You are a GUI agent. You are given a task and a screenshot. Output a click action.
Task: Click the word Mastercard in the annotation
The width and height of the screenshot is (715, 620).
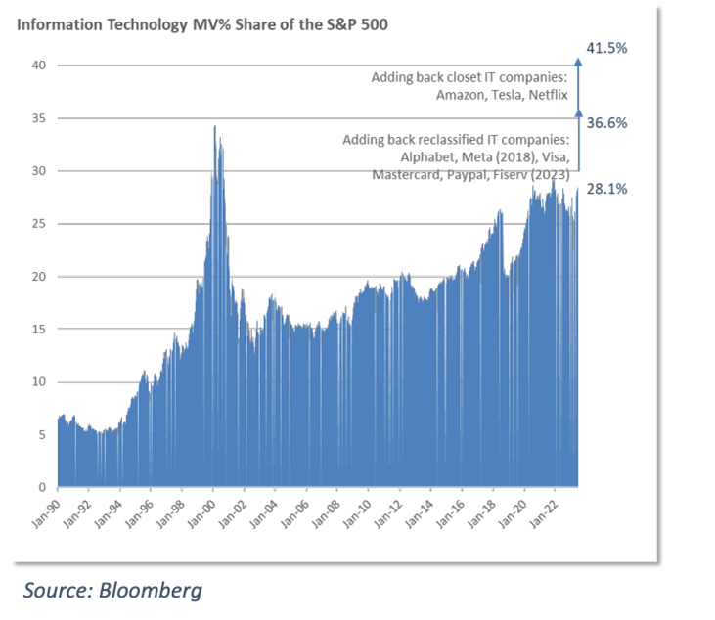409,175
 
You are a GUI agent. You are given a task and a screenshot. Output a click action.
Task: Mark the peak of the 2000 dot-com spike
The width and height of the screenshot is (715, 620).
214,125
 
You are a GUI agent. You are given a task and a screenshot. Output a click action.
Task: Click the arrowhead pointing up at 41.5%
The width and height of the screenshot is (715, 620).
577,62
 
